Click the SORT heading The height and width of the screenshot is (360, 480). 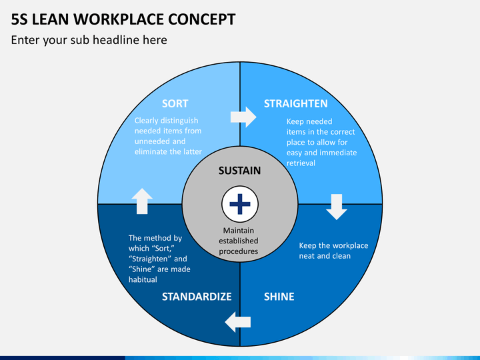pos(175,103)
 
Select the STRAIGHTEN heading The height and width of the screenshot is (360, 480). pos(296,103)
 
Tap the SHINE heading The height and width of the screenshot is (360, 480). pos(279,296)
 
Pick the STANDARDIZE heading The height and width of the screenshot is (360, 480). pos(197,296)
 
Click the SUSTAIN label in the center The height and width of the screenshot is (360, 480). pos(239,171)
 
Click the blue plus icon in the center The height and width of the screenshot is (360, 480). pos(240,204)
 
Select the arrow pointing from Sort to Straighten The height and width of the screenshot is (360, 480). pos(243,117)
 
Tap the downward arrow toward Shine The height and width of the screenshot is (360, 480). pos(337,207)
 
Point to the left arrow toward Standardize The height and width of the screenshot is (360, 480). pos(237,322)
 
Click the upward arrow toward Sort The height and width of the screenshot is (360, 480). pos(142,201)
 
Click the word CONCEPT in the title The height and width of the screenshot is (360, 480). pos(202,19)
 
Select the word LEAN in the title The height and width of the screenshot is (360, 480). pos(50,19)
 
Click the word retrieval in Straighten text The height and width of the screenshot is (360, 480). pos(301,163)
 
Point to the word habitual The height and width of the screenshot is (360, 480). pos(143,279)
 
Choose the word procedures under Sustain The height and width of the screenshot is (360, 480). pos(239,251)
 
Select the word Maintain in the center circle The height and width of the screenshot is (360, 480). pos(239,231)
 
